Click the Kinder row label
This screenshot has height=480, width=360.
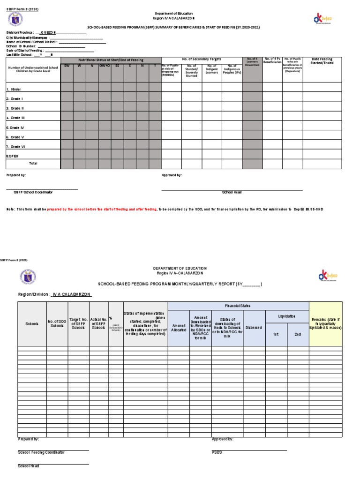pyautogui.click(x=14, y=89)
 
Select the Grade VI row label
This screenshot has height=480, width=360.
pyautogui.click(x=15, y=147)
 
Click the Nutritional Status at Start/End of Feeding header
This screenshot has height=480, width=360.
pyautogui.click(x=111, y=60)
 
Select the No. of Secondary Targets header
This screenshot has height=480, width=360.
pyautogui.click(x=202, y=60)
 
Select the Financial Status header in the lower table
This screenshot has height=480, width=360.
pyautogui.click(x=238, y=306)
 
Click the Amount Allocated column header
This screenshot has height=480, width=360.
pyautogui.click(x=179, y=328)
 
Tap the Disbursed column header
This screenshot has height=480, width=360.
pyautogui.click(x=253, y=328)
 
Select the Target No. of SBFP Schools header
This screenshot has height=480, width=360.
pyautogui.click(x=78, y=323)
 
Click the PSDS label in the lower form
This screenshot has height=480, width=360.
pyautogui.click(x=217, y=452)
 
